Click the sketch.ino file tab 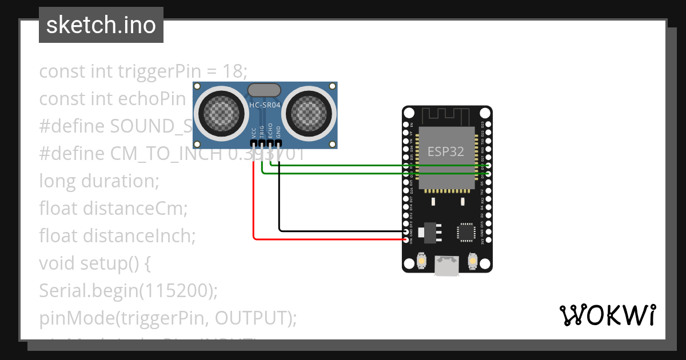click(101, 25)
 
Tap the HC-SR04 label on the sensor click(265, 105)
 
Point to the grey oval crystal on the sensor click(264, 90)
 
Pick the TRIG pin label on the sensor click(262, 133)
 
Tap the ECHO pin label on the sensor click(270, 133)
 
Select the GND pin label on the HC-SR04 click(279, 133)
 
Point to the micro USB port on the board click(446, 266)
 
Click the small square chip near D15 click(465, 231)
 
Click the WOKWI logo click(607, 315)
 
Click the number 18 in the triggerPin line click(234, 71)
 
